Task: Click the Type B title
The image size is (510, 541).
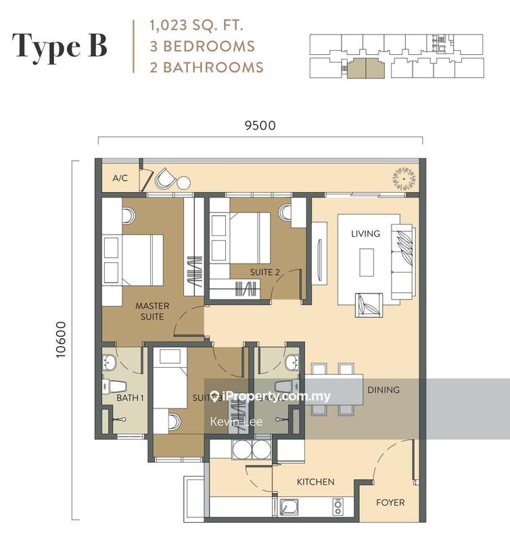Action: (x=60, y=45)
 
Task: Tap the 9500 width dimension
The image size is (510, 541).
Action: (x=260, y=125)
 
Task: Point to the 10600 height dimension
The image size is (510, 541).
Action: (x=62, y=338)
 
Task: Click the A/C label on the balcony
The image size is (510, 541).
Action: (x=120, y=179)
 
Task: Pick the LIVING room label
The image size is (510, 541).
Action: (x=365, y=233)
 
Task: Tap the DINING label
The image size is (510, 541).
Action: (x=384, y=390)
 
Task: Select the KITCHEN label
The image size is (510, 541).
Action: (x=316, y=481)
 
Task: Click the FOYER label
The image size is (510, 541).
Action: (x=390, y=502)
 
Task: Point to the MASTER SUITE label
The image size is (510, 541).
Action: (x=152, y=311)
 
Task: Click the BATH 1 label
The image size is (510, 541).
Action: (x=130, y=398)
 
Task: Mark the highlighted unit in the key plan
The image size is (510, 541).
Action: (x=364, y=69)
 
